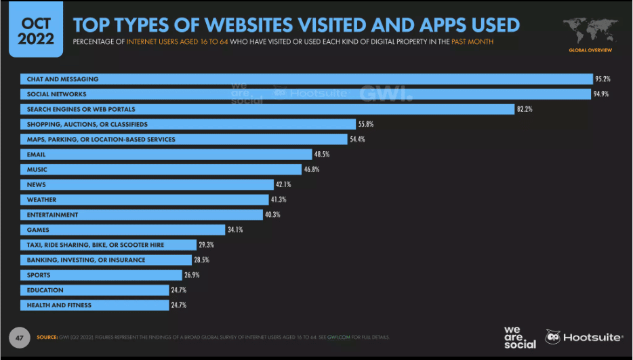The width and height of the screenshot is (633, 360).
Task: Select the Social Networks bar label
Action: pos(57,94)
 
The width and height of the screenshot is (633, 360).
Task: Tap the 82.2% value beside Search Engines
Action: pos(525,109)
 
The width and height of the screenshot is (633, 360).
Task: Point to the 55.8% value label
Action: pos(367,125)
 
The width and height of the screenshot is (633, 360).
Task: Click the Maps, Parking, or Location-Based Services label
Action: pos(101,140)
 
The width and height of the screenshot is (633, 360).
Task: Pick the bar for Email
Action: pos(166,155)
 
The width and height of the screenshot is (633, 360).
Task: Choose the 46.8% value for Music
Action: pos(312,169)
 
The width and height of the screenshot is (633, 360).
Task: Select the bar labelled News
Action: pos(146,184)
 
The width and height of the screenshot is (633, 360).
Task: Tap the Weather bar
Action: pos(144,200)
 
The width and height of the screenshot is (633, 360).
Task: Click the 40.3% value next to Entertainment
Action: pos(273,215)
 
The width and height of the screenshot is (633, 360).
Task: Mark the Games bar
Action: pos(122,230)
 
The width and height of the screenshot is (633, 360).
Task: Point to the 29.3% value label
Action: pos(207,245)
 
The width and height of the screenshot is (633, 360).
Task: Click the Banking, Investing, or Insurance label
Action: pos(86,260)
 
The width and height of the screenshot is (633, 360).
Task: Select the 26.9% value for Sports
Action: pos(192,275)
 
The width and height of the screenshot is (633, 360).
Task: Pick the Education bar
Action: pos(94,290)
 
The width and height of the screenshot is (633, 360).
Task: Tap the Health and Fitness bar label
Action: pos(59,305)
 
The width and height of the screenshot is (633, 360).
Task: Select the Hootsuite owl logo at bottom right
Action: pos(554,337)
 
